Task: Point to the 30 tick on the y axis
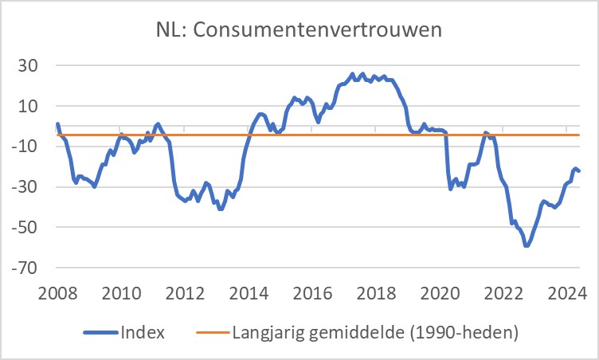(x=29, y=65)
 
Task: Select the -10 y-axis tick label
(x=25, y=147)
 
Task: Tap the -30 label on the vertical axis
(x=25, y=187)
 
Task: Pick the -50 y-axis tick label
(x=25, y=228)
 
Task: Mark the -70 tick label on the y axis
(x=25, y=268)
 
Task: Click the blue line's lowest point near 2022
(x=527, y=245)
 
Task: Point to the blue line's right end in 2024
(x=578, y=170)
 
